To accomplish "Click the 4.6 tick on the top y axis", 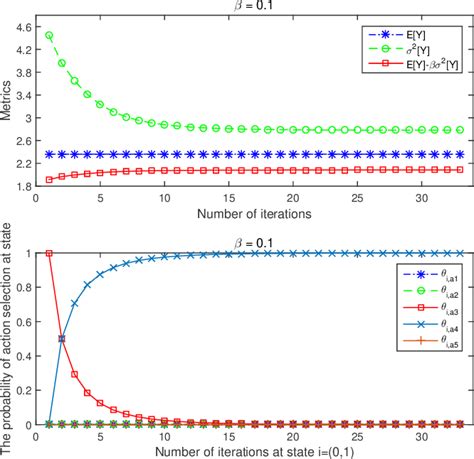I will click(30, 19).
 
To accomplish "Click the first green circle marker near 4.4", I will click(49, 35).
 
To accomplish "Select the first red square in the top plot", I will click(49, 180).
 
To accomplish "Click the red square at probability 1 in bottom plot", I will click(49, 253).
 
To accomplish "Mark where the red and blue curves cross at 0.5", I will click(62, 338).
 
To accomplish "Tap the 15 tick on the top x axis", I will click(228, 199).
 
